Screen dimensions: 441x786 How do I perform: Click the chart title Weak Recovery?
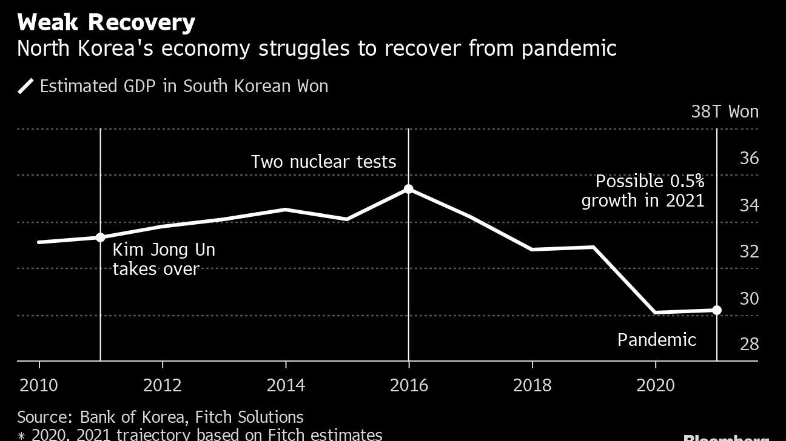pyautogui.click(x=106, y=22)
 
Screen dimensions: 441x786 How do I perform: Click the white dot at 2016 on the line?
pyautogui.click(x=409, y=189)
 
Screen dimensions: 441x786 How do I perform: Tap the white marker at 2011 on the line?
pyautogui.click(x=101, y=237)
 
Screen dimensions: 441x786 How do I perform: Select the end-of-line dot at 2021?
pyautogui.click(x=716, y=310)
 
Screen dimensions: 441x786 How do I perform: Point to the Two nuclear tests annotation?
pyautogui.click(x=323, y=162)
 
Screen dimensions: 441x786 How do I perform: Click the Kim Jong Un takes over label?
pyautogui.click(x=164, y=259)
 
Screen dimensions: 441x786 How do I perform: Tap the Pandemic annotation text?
pyautogui.click(x=656, y=340)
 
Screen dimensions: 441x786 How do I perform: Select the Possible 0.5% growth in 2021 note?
pyautogui.click(x=643, y=190)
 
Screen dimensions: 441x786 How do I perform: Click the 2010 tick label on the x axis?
pyautogui.click(x=39, y=385)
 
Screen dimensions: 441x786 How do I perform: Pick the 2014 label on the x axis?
pyautogui.click(x=286, y=385)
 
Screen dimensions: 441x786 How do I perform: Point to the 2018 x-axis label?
pyautogui.click(x=532, y=385)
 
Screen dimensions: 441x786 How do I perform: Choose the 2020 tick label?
pyautogui.click(x=655, y=385)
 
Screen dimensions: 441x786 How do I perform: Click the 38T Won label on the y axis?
pyautogui.click(x=725, y=111)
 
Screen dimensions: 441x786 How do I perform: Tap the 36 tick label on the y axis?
pyautogui.click(x=750, y=158)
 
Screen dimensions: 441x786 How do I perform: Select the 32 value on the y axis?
pyautogui.click(x=750, y=251)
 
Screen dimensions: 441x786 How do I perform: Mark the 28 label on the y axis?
pyautogui.click(x=750, y=344)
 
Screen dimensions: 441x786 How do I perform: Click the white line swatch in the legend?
pyautogui.click(x=25, y=86)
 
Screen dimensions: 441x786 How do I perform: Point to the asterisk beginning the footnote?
pyautogui.click(x=22, y=435)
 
